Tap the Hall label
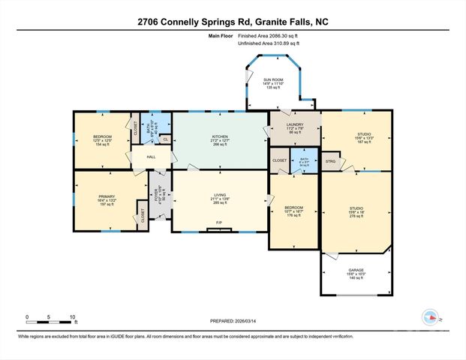(151, 157)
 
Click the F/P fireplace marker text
(219, 223)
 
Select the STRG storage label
(331, 160)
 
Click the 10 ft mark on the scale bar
(72, 316)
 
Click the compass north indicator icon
(431, 317)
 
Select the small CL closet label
(165, 138)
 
